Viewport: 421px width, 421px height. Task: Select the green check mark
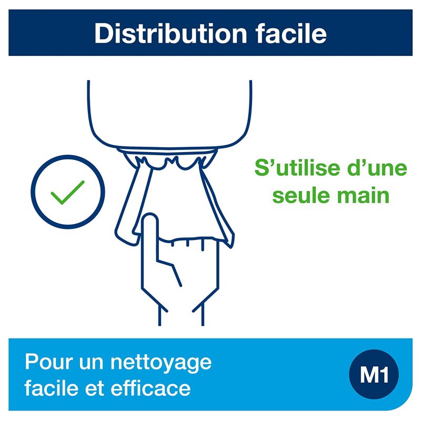tap(68, 193)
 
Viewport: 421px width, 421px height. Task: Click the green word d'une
tap(378, 169)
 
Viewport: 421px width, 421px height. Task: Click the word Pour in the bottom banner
tap(46, 363)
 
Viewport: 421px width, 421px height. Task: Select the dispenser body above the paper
tap(169, 111)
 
